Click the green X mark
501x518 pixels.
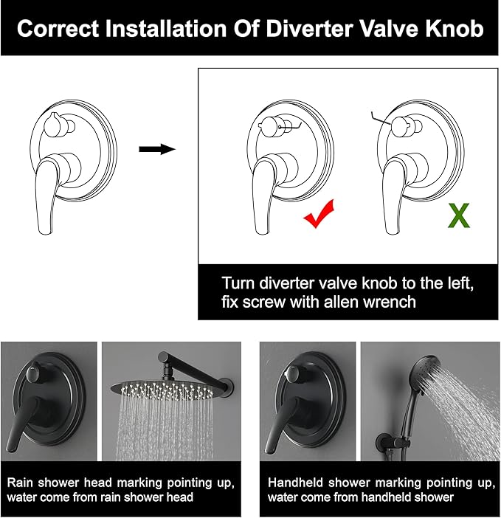tap(459, 215)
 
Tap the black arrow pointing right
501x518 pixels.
tap(157, 149)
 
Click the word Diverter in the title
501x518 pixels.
tap(310, 29)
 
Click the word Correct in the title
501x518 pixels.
tap(58, 29)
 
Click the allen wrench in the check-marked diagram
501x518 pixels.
tap(290, 127)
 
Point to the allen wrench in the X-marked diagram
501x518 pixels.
tap(381, 119)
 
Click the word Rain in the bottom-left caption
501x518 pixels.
tap(20, 483)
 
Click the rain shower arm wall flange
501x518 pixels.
tap(227, 385)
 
